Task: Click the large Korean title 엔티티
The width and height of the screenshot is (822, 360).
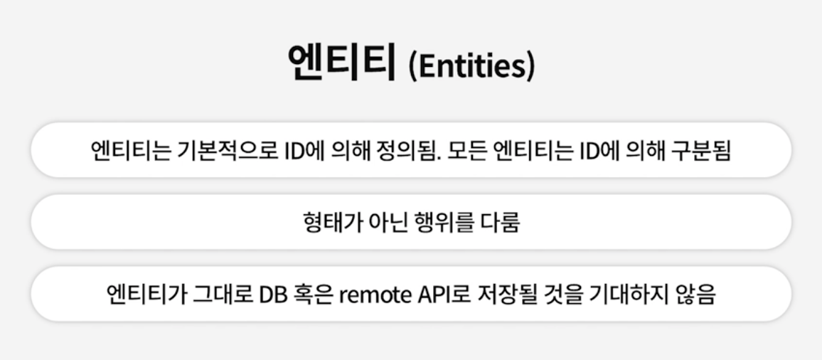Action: pos(341,63)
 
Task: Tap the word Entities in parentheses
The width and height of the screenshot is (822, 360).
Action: pos(471,67)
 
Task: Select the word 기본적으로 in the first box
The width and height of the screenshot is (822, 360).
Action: pos(220,151)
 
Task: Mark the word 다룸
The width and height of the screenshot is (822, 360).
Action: pos(498,223)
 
